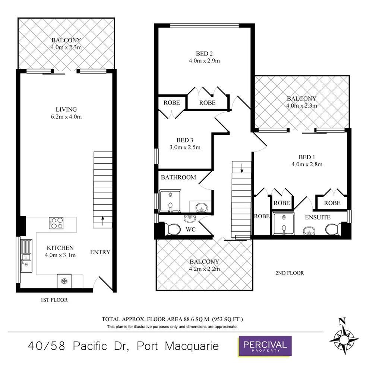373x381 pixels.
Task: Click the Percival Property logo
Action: (265, 346)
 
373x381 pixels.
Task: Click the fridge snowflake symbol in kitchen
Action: (64, 281)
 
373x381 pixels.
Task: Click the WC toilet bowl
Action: (172, 230)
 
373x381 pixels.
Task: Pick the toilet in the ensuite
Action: (332, 230)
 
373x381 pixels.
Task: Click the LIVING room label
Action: (66, 109)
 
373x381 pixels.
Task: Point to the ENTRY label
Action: (100, 252)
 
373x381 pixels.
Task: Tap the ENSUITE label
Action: (318, 217)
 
